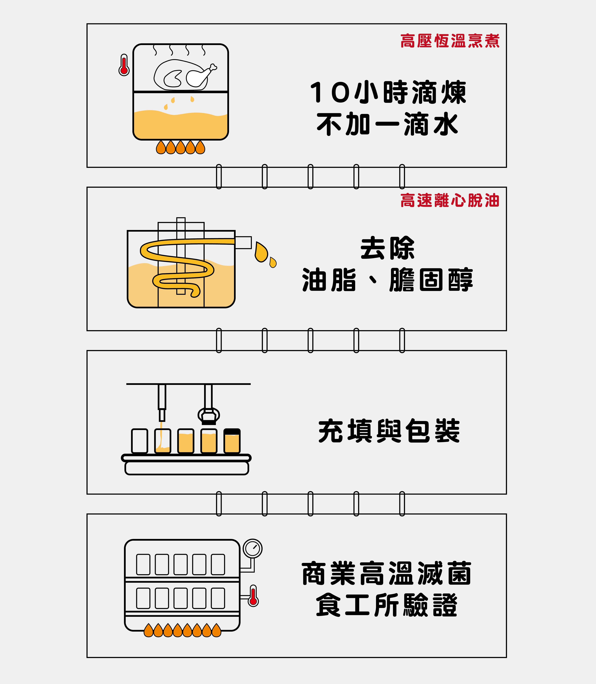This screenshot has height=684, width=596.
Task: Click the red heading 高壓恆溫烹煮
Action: (450, 41)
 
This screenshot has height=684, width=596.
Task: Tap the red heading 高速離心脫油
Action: (450, 201)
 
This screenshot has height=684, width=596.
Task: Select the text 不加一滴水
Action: (388, 124)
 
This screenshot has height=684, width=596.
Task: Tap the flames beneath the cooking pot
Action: (181, 147)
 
